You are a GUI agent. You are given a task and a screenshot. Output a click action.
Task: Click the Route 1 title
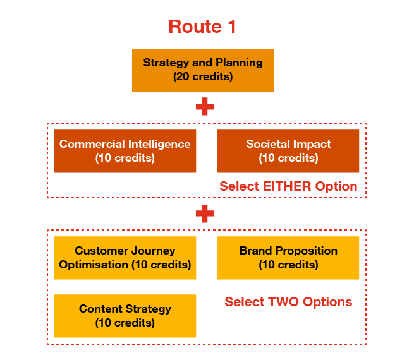point(202,27)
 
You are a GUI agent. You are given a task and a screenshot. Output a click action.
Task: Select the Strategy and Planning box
point(203,70)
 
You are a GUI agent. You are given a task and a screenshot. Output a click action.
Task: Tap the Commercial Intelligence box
point(125,151)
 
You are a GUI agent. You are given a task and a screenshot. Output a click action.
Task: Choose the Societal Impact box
point(288,151)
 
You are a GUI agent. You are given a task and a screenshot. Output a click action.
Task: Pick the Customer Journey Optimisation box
point(125,258)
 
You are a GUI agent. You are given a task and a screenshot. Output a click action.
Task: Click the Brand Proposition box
point(288,258)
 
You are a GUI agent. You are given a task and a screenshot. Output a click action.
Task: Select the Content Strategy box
point(125,316)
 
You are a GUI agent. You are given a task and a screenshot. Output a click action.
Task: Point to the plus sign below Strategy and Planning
point(204,106)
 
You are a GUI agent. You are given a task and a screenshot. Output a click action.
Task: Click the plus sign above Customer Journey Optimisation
point(204,214)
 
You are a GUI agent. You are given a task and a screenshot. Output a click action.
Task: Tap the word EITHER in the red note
point(288,186)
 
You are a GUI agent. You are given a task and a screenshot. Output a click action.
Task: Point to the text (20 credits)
point(203,77)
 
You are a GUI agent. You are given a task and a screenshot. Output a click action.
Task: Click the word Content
point(101,309)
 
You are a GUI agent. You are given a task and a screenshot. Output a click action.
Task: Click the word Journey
point(152,251)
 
